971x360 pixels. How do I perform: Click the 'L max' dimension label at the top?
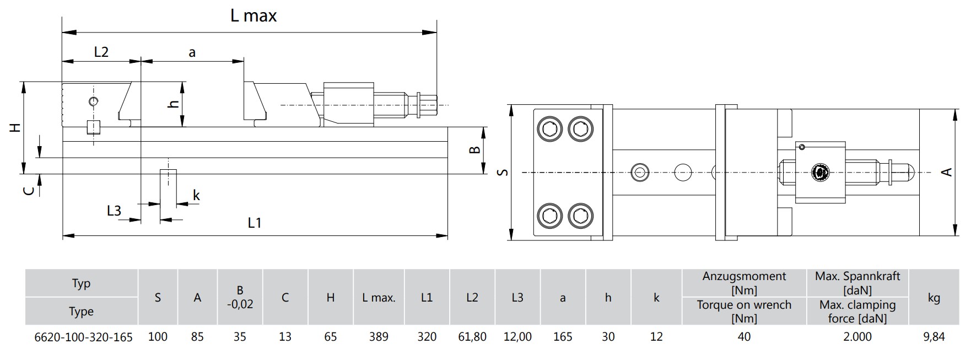[x=253, y=16]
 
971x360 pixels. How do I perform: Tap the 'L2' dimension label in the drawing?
[x=101, y=52]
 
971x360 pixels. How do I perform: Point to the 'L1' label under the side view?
[x=254, y=223]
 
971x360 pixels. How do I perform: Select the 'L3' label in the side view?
[x=114, y=210]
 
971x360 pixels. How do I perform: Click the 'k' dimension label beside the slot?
[x=196, y=195]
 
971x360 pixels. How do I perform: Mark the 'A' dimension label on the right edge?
[x=947, y=172]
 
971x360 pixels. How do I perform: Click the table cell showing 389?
[x=379, y=336]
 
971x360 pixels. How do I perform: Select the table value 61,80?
[x=472, y=336]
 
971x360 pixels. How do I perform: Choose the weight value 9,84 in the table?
[x=934, y=336]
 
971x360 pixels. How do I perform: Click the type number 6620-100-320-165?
[x=83, y=337]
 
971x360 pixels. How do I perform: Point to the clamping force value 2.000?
[x=857, y=336]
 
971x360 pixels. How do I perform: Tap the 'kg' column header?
[x=934, y=298]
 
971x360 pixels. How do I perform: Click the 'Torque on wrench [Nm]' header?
[x=744, y=311]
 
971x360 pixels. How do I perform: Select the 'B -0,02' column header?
[x=240, y=297]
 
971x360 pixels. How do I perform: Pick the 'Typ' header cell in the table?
[x=81, y=283]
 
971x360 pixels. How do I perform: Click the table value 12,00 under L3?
[x=517, y=336]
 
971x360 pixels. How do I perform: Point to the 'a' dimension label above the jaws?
[x=192, y=53]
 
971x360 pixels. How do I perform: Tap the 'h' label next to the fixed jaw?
[x=174, y=104]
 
